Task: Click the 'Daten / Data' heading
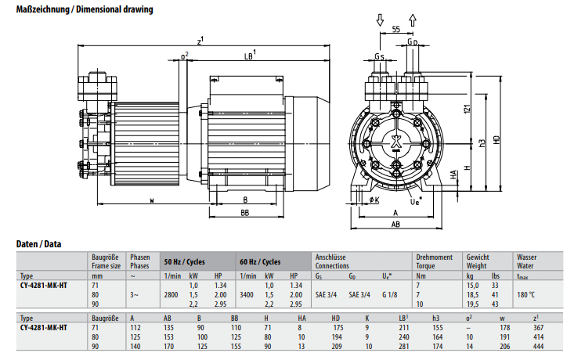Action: coord(40,244)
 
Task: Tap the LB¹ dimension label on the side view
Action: coord(251,56)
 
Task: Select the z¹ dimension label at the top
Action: coord(200,41)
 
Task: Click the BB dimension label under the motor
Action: coord(245,213)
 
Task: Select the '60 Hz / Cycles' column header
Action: coord(259,261)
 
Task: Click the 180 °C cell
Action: coord(525,293)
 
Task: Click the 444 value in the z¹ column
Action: coord(537,345)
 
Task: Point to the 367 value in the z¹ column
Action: coord(537,328)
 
